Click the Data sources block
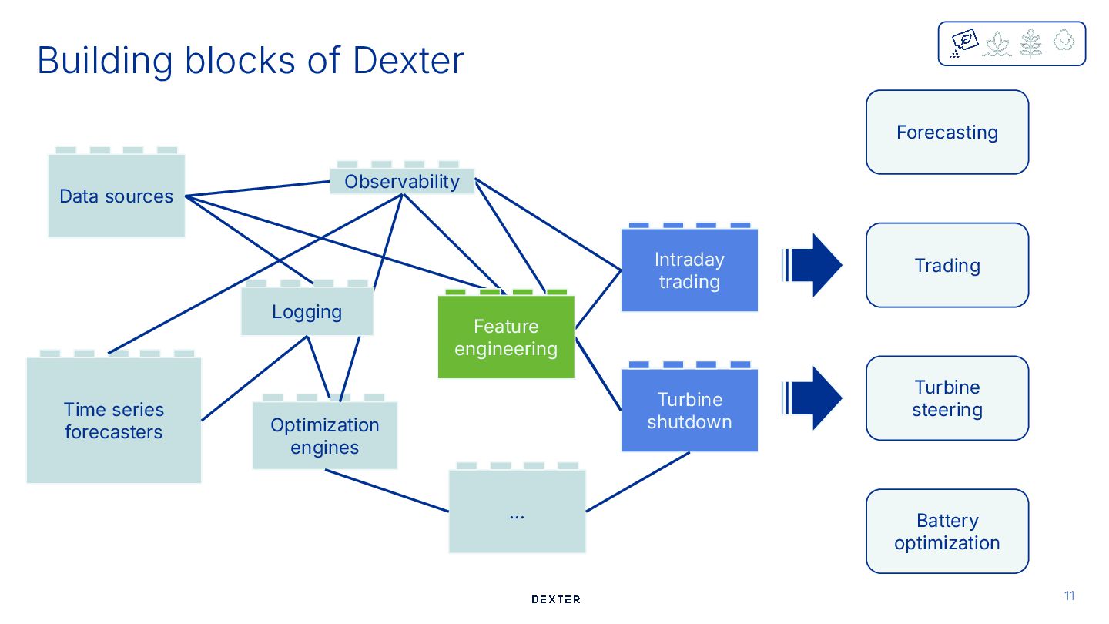116,196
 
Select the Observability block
402,181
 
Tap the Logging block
307,312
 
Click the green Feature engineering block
506,337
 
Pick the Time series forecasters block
114,420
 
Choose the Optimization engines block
325,435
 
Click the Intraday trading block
689,270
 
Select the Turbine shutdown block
689,410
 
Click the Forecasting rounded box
947,133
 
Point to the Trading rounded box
947,266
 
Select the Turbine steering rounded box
947,398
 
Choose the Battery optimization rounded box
947,532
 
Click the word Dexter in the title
408,60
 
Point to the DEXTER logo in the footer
556,599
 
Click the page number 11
1069,595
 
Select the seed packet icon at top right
964,42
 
